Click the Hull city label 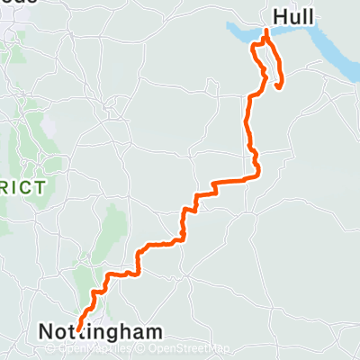(x=293, y=16)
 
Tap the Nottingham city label (x=101, y=331)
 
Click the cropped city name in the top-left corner (x=18, y=4)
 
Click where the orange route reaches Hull (x=266, y=32)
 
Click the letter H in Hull (x=279, y=16)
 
